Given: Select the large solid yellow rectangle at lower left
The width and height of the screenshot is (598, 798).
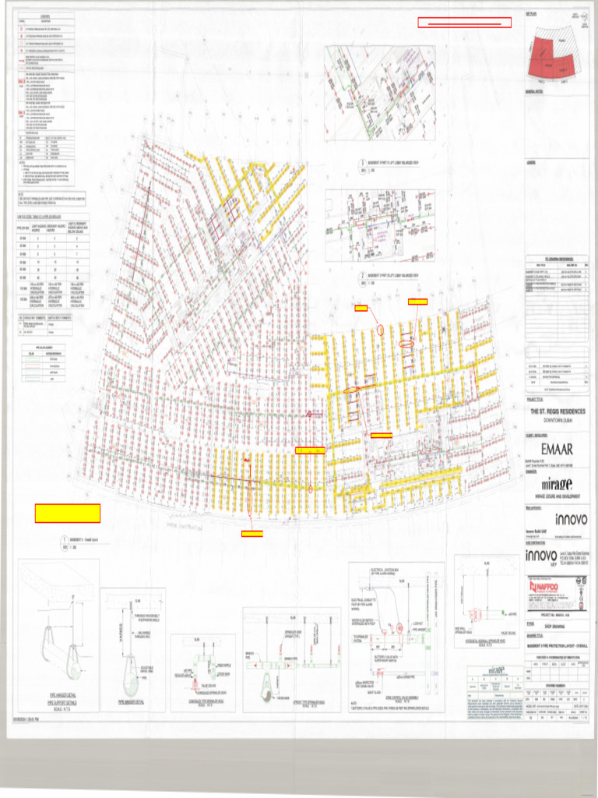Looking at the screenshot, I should (x=68, y=513).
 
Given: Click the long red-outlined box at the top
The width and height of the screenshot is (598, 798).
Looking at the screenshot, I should (x=465, y=23).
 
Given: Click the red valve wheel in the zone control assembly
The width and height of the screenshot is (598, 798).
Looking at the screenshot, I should (x=399, y=627).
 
